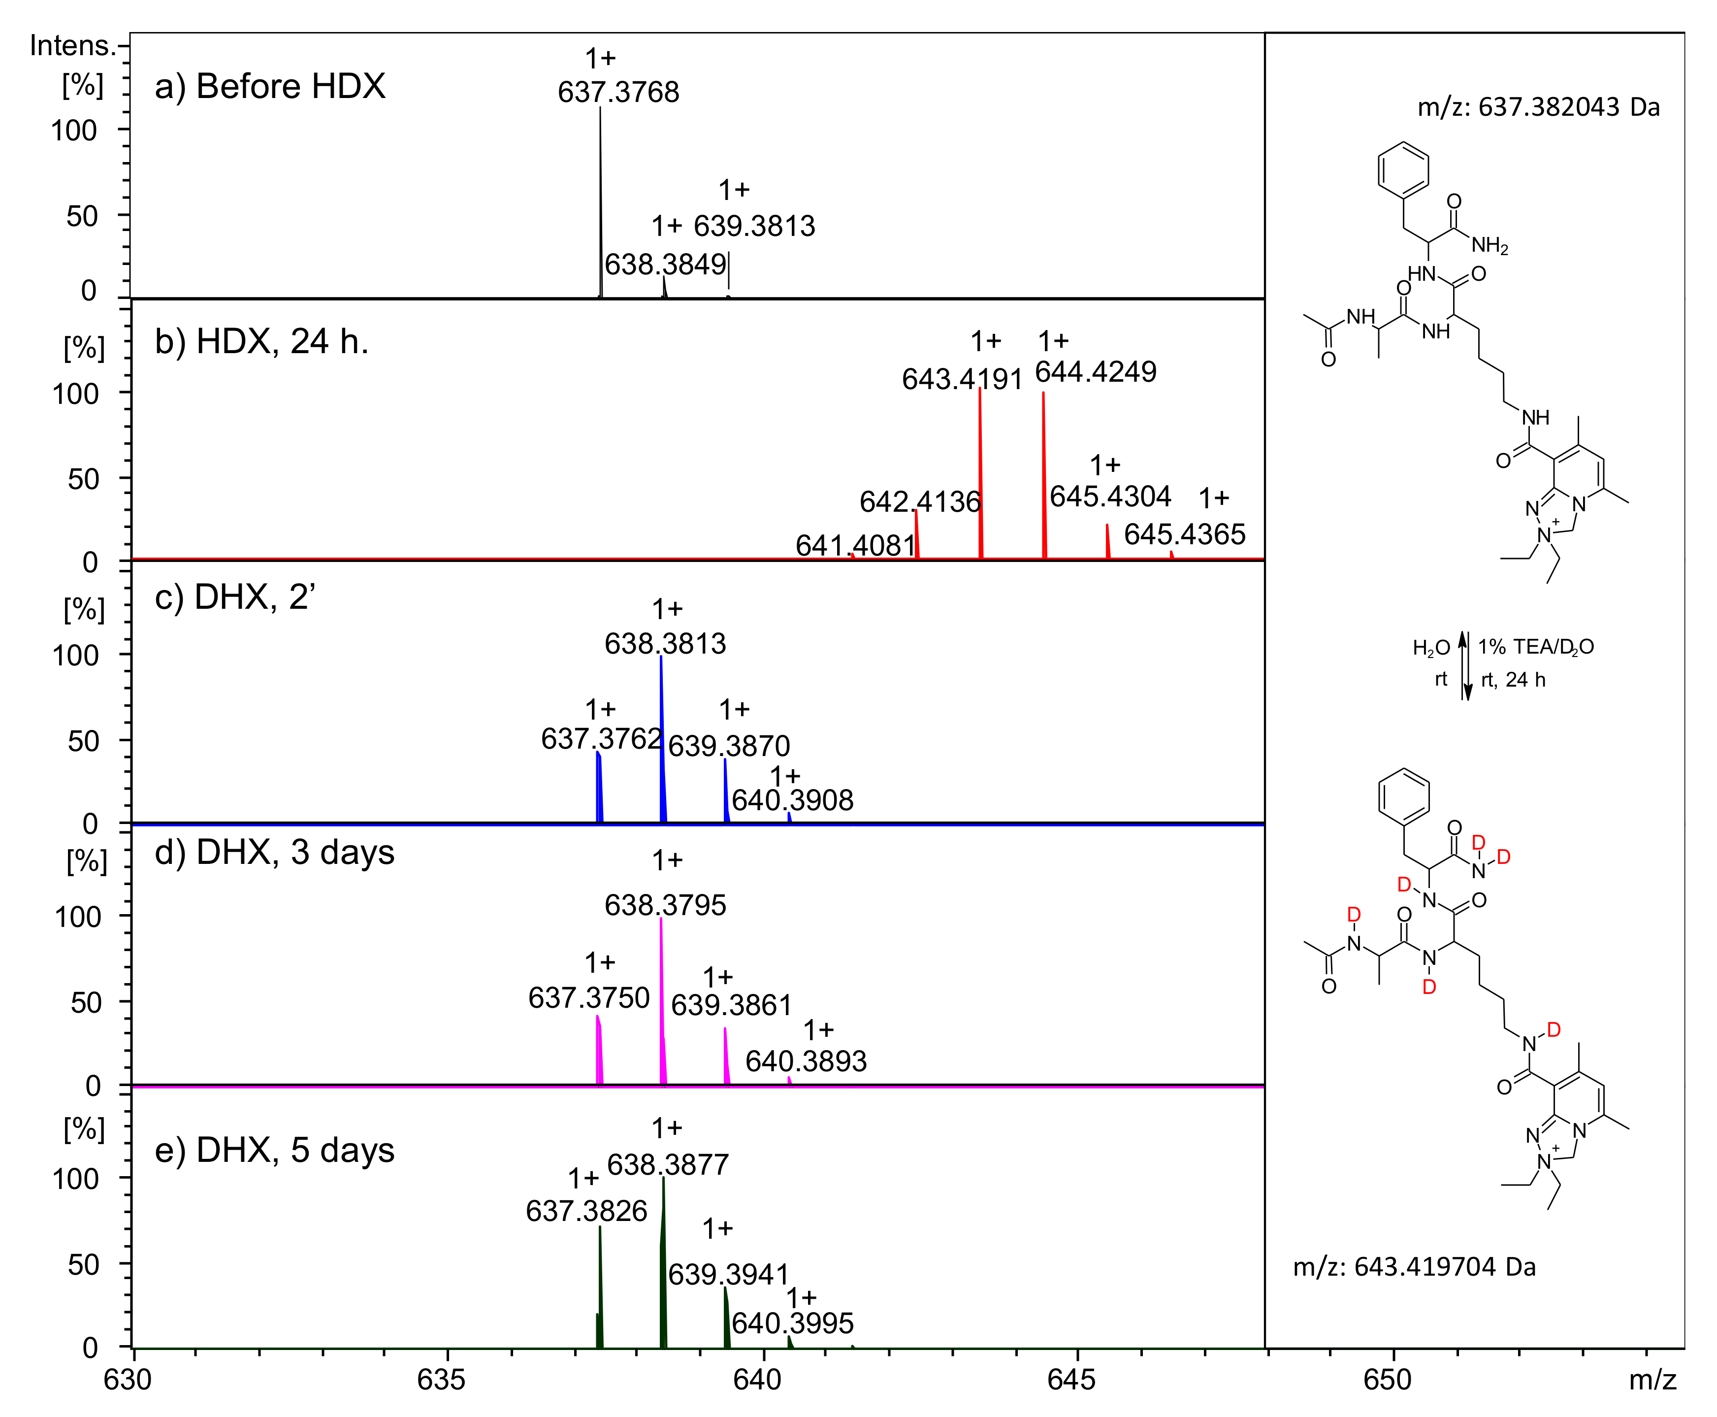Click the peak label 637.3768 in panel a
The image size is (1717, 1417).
coord(618,92)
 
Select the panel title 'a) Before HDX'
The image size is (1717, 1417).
coord(269,87)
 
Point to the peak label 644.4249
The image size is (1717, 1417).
coord(1095,372)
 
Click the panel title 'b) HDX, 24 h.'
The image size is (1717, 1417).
coord(261,342)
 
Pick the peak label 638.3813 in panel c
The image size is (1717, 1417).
coord(665,644)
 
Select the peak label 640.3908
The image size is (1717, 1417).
coord(792,801)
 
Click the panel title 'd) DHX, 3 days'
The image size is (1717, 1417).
coord(274,852)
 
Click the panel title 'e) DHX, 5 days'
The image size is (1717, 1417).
coord(274,1150)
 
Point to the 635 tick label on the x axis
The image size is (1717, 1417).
coord(441,1380)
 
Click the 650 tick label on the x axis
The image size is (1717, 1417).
coord(1387,1380)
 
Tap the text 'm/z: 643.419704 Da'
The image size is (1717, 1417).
coord(1414,1267)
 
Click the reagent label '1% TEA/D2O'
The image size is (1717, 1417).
coord(1535,647)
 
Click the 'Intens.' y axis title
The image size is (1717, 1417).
coord(72,46)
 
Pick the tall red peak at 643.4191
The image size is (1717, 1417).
coord(980,473)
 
